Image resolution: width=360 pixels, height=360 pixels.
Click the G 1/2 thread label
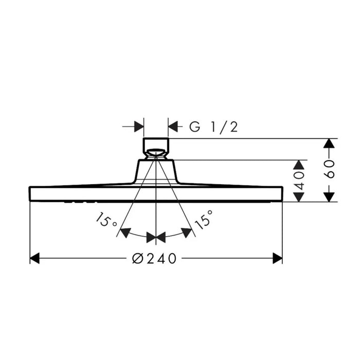point(213,127)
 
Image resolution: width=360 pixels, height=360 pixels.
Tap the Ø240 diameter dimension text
point(154,258)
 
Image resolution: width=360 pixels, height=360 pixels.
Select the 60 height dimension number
point(329,169)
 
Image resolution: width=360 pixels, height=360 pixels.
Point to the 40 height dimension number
point(299,181)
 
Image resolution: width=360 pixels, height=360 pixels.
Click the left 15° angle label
point(106,220)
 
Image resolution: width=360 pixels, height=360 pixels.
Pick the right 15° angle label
point(204,220)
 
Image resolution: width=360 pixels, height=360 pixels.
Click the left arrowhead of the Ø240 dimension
point(34,258)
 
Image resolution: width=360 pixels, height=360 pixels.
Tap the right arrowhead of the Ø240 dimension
point(278,258)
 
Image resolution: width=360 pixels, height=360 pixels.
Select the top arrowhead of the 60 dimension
point(329,143)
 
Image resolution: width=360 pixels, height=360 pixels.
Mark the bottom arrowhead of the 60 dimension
point(329,197)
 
